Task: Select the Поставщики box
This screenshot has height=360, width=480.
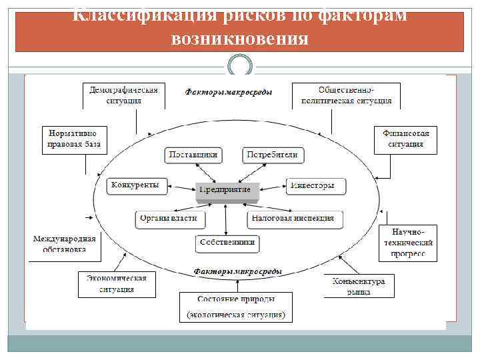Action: pyautogui.click(x=193, y=155)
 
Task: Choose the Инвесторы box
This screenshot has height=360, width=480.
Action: pyautogui.click(x=316, y=186)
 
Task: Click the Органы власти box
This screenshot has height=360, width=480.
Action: pyautogui.click(x=171, y=218)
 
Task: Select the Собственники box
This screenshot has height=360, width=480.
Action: pyautogui.click(x=227, y=243)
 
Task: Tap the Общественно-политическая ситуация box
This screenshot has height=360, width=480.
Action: pyautogui.click(x=346, y=95)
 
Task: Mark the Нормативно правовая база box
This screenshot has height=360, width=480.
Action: pyautogui.click(x=74, y=139)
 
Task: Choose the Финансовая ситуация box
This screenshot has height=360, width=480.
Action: pyautogui.click(x=405, y=139)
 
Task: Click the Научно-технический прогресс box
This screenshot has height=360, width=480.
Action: pyautogui.click(x=407, y=243)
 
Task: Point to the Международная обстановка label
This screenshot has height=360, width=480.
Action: pyautogui.click(x=65, y=243)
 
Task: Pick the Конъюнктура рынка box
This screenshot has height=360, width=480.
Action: pyautogui.click(x=359, y=287)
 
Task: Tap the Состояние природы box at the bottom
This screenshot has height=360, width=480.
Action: pyautogui.click(x=236, y=306)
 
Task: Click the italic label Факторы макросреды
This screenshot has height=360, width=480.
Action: pyautogui.click(x=228, y=93)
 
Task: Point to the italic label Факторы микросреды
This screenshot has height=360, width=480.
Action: pyautogui.click(x=237, y=271)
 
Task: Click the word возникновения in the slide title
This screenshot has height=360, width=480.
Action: pyautogui.click(x=239, y=39)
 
